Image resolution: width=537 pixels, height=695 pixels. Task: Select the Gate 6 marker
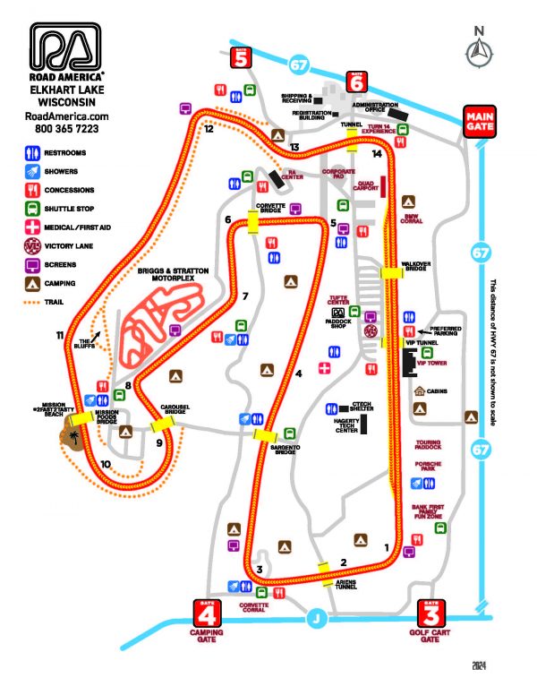tap(356, 81)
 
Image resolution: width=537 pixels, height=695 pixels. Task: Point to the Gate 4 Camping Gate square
tap(207, 616)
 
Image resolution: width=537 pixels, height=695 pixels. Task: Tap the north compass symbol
tap(478, 52)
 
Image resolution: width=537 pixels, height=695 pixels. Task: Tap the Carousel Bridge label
tap(175, 406)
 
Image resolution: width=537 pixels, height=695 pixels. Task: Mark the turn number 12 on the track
tap(209, 129)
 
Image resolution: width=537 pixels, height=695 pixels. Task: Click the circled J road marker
tap(314, 617)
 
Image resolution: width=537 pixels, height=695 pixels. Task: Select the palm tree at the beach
tap(72, 437)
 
